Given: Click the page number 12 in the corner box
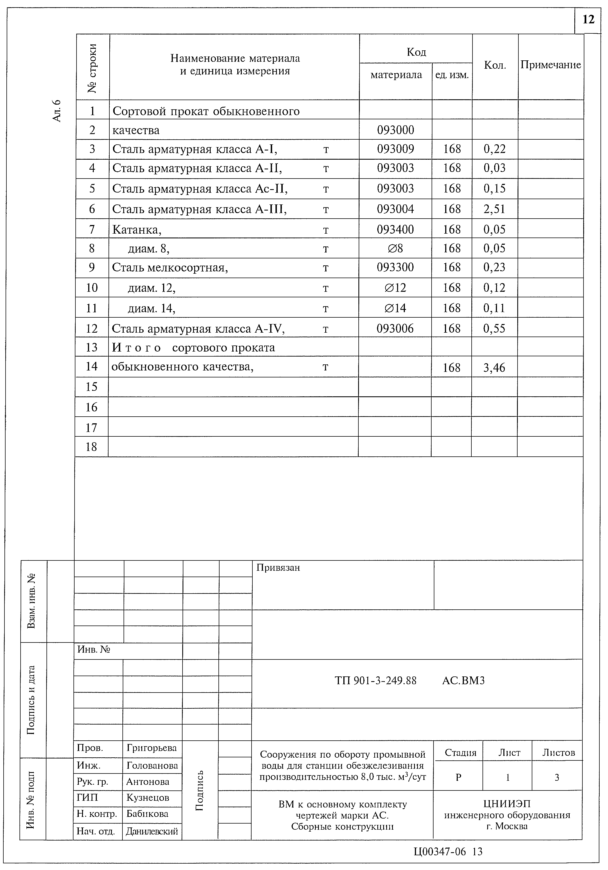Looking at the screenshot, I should click(588, 20).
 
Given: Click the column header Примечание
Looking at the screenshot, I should click(550, 65).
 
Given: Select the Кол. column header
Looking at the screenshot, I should click(495, 65).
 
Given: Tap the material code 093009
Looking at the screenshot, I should click(395, 149).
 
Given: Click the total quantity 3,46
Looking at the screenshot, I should click(494, 367).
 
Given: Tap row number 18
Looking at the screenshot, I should click(91, 447).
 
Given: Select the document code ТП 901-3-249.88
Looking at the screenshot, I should click(375, 681).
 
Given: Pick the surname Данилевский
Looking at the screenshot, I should click(152, 831).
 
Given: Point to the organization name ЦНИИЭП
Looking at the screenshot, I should click(507, 803).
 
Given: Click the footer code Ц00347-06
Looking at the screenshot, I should click(439, 851).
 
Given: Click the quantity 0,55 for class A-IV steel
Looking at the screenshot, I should click(494, 328).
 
